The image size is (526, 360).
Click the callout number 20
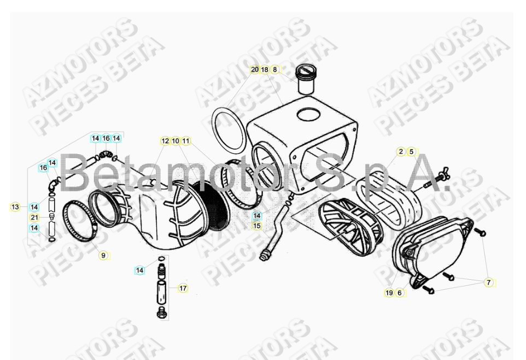click(254, 70)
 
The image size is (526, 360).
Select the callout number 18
click(265, 70)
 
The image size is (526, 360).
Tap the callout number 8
click(275, 70)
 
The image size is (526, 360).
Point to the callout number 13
click(15, 207)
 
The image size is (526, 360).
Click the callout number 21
click(34, 217)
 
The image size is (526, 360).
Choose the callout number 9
click(103, 255)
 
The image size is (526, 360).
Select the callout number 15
click(257, 225)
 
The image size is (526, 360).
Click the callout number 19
click(389, 293)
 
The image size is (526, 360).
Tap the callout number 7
click(489, 282)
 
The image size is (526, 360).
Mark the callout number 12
click(165, 141)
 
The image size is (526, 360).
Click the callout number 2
click(401, 151)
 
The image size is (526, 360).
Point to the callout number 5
click(411, 151)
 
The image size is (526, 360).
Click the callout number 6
click(399, 293)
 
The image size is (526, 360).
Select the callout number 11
click(186, 141)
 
